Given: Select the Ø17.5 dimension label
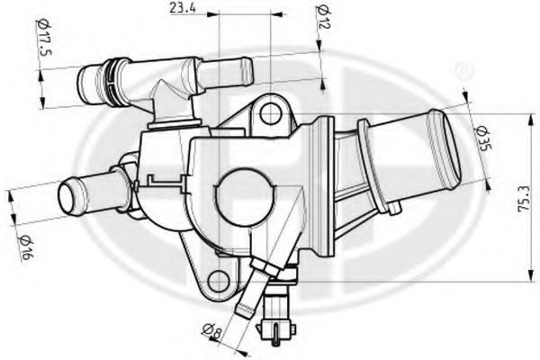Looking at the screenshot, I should (x=41, y=40).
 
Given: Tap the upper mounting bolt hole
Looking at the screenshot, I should (x=266, y=112).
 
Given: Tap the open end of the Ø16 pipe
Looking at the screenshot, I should (x=67, y=194).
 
